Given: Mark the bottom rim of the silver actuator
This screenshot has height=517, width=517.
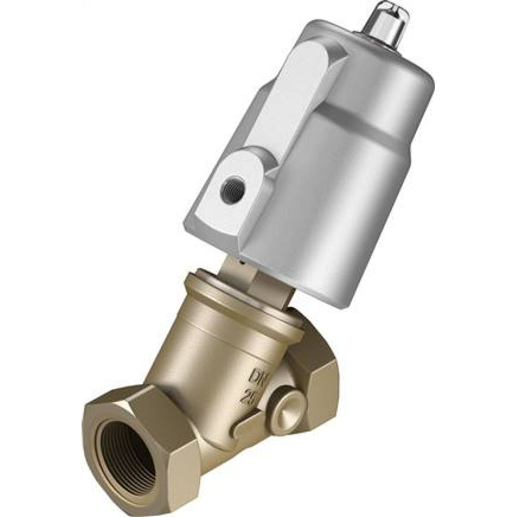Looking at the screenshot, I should pos(310,290).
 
